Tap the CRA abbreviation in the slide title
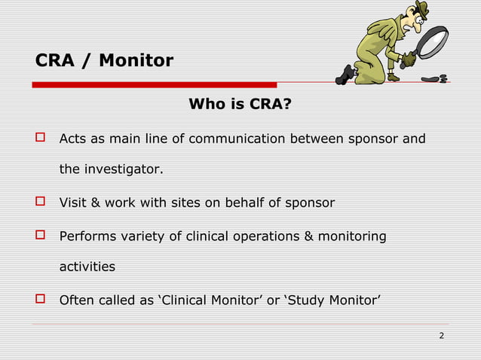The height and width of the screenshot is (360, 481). [x=54, y=59]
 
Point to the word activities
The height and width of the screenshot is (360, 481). [x=87, y=267]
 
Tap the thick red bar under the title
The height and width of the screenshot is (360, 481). [x=155, y=84]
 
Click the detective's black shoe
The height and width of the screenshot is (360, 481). [x=348, y=74]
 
